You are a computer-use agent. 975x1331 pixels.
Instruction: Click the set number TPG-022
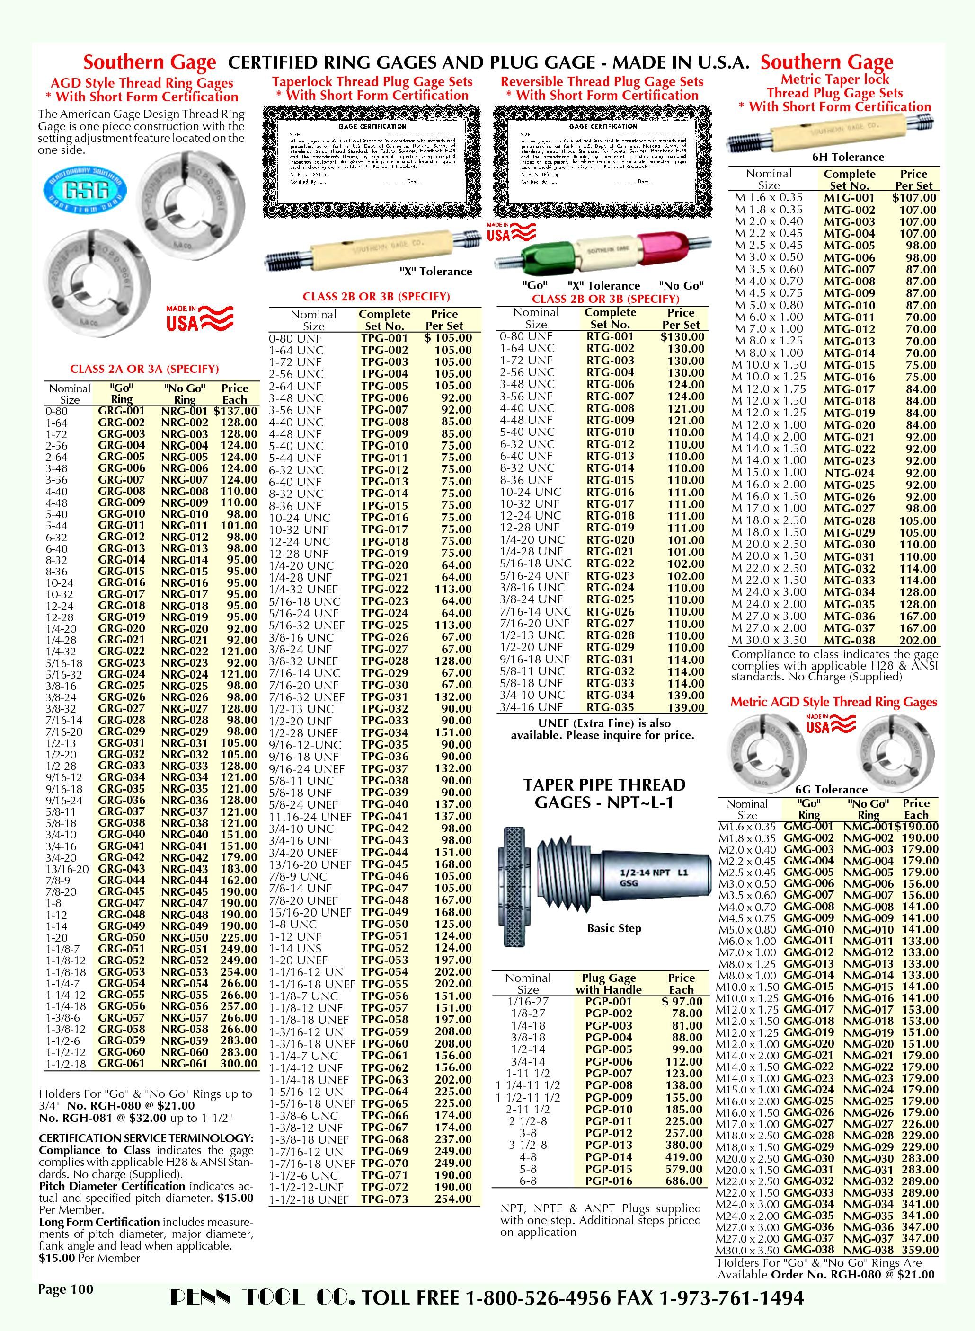pyautogui.click(x=384, y=589)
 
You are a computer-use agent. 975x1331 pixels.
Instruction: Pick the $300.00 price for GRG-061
pyautogui.click(x=239, y=1064)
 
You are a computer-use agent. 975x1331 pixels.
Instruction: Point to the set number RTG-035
pyautogui.click(x=610, y=707)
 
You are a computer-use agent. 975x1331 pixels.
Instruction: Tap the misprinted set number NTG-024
pyautogui.click(x=849, y=473)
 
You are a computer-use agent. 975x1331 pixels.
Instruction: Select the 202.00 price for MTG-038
pyautogui.click(x=917, y=640)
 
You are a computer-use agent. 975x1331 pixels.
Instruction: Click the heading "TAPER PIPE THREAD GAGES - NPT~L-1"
pyautogui.click(x=604, y=793)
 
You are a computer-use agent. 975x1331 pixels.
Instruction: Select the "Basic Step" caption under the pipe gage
pyautogui.click(x=614, y=928)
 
